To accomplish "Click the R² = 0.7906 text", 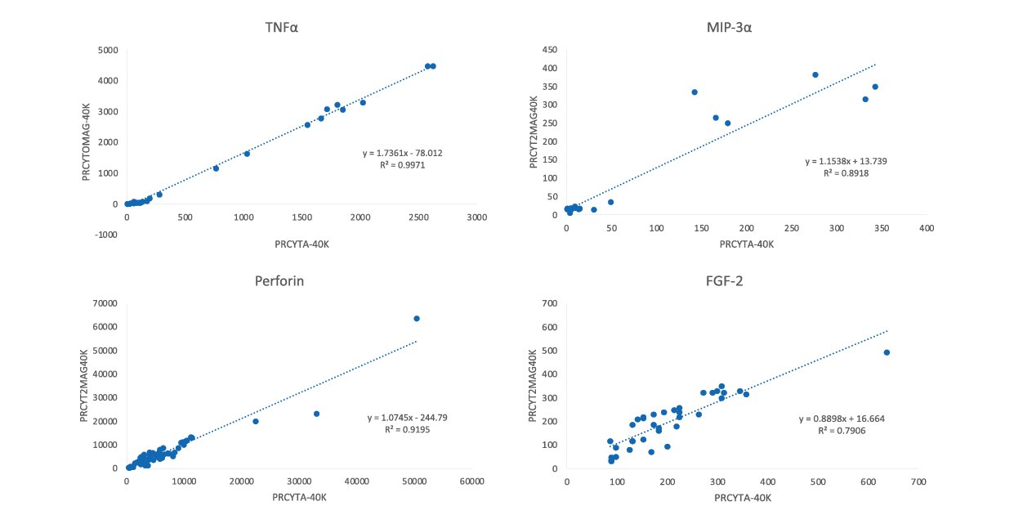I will [x=842, y=430].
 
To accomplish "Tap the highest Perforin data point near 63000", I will [x=417, y=318].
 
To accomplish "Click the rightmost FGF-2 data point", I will [x=887, y=352].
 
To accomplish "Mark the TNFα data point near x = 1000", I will [x=247, y=154].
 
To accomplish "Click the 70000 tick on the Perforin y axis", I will [x=105, y=303].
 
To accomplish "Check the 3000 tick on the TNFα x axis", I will [x=477, y=217].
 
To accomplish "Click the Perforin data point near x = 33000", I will [x=316, y=414].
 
